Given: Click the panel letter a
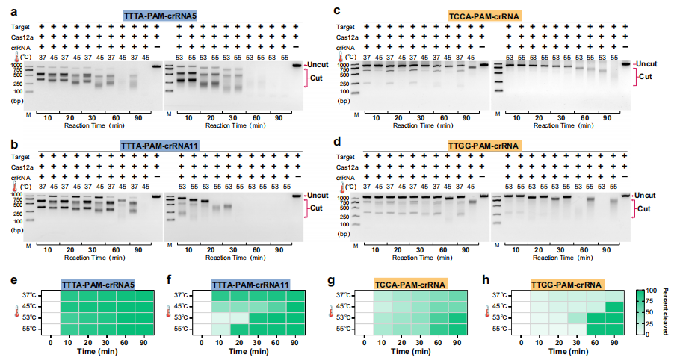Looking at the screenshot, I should [x=5, y=9].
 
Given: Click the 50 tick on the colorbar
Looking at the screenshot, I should [x=657, y=312].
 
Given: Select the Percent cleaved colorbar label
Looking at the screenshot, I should [x=670, y=306].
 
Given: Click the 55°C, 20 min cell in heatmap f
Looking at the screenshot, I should [x=238, y=329].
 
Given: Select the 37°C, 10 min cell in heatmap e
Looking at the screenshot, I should [x=69, y=296].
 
